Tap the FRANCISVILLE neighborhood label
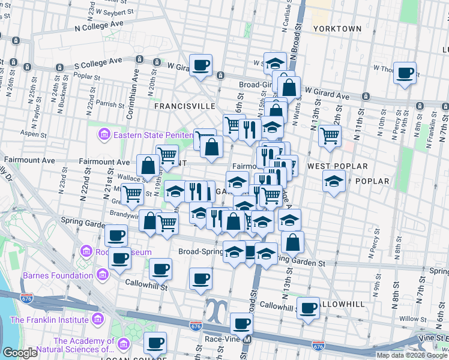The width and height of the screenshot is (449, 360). (184, 106)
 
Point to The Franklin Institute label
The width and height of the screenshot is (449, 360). (49, 320)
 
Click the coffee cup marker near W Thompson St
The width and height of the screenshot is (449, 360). (405, 73)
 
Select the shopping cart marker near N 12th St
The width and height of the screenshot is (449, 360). (330, 136)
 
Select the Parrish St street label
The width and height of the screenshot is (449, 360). (108, 104)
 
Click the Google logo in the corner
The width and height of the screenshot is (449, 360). (20, 353)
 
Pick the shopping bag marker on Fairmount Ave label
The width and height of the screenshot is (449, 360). (148, 166)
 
